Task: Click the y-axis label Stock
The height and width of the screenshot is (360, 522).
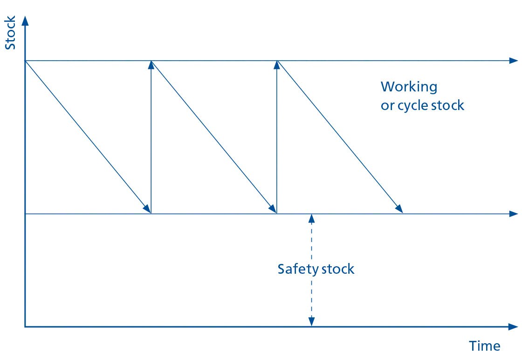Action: pyautogui.click(x=10, y=34)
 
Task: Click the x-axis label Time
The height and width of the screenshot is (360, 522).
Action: pyautogui.click(x=484, y=346)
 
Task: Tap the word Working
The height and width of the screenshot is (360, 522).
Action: pyautogui.click(x=409, y=87)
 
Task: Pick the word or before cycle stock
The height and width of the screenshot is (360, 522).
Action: pyautogui.click(x=387, y=106)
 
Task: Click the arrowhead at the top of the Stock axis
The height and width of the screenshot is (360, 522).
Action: pyautogui.click(x=25, y=21)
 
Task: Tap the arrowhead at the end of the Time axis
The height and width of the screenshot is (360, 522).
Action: pyautogui.click(x=514, y=326)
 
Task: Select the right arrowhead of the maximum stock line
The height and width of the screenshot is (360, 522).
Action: pyautogui.click(x=514, y=61)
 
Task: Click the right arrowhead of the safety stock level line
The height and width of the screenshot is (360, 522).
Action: pyautogui.click(x=514, y=214)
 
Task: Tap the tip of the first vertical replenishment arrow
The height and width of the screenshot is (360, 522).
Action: pyautogui.click(x=151, y=64)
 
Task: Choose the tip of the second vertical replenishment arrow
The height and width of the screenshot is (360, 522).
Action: pyautogui.click(x=277, y=64)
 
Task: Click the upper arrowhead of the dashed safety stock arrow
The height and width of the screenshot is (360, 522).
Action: pyautogui.click(x=311, y=218)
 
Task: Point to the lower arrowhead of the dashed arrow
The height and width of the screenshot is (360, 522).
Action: pyautogui.click(x=311, y=322)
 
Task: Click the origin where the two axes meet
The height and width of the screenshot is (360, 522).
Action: pyautogui.click(x=25, y=326)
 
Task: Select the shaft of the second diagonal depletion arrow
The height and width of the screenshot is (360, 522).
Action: pyautogui.click(x=213, y=136)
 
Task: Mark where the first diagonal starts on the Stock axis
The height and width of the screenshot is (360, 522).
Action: pyautogui.click(x=25, y=61)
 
